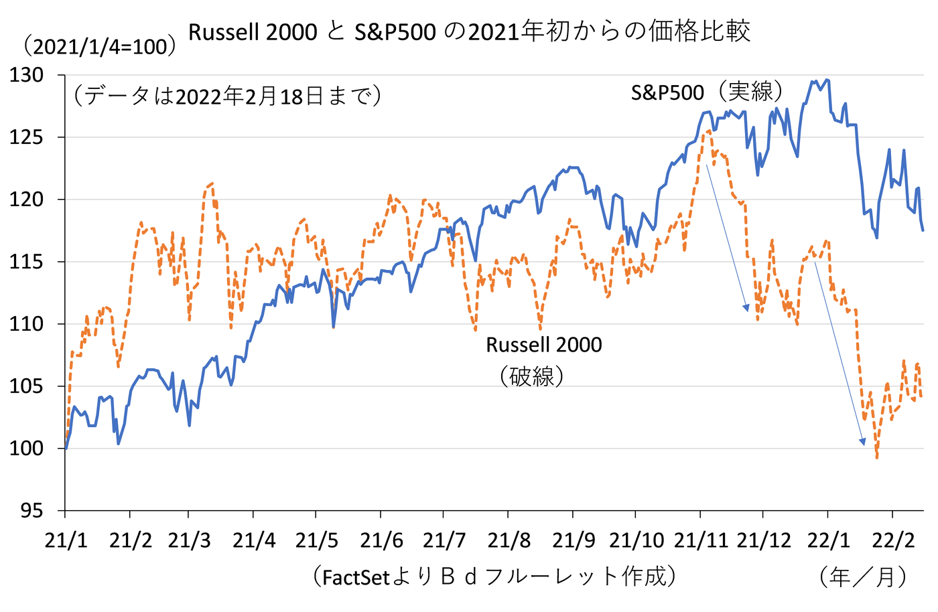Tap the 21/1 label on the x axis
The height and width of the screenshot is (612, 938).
click(65, 540)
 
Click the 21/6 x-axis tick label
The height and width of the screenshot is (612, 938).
click(381, 540)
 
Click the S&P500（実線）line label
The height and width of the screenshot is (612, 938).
click(706, 92)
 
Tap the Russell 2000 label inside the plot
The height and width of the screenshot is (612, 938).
click(543, 345)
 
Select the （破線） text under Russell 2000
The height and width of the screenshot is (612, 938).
click(531, 376)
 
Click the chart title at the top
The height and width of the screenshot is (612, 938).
click(469, 31)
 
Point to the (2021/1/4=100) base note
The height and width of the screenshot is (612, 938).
click(99, 46)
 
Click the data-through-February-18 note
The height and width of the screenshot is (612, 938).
click(228, 96)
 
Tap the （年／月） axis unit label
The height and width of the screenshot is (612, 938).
click(864, 576)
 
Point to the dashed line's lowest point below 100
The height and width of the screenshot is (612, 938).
click(876, 457)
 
